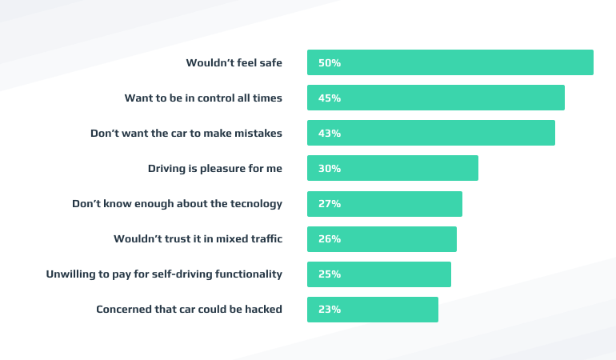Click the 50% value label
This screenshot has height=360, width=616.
point(330,63)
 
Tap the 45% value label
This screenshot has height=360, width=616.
point(330,98)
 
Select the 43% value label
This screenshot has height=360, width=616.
point(330,134)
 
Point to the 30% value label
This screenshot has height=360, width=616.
point(330,169)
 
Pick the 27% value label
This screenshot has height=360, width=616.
point(330,204)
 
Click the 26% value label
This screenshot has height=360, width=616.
point(330,239)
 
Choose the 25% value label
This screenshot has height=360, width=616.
point(330,274)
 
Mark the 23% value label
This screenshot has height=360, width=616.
point(330,310)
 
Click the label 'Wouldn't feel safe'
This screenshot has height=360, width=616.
point(234,62)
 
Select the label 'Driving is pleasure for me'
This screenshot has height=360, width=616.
point(215,168)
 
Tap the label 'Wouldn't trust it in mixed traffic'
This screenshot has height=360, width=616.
point(198,238)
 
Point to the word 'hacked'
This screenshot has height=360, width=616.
point(262,309)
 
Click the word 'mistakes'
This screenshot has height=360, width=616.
point(258,133)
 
